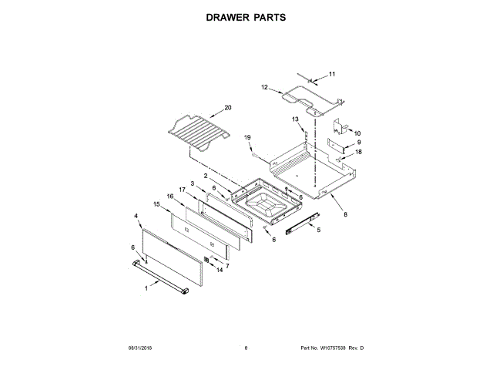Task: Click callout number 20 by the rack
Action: point(227,107)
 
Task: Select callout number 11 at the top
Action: point(332,74)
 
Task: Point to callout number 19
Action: point(248,137)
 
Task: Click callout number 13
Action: point(295,119)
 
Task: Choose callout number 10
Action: point(357,133)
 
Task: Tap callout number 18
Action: point(357,153)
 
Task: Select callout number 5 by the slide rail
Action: point(319,230)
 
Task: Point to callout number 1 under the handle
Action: point(146,288)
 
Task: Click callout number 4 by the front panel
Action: point(136,217)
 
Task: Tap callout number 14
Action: point(219,270)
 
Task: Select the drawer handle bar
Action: point(162,277)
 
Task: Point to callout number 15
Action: point(156,204)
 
